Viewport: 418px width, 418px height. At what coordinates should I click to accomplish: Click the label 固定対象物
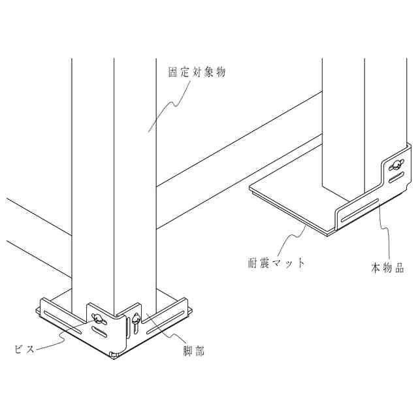click(x=197, y=73)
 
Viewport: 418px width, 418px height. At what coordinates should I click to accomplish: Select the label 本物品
click(x=387, y=268)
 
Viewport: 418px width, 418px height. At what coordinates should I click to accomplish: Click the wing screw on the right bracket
click(x=394, y=167)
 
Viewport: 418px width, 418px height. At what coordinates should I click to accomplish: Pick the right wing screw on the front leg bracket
click(x=135, y=320)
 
